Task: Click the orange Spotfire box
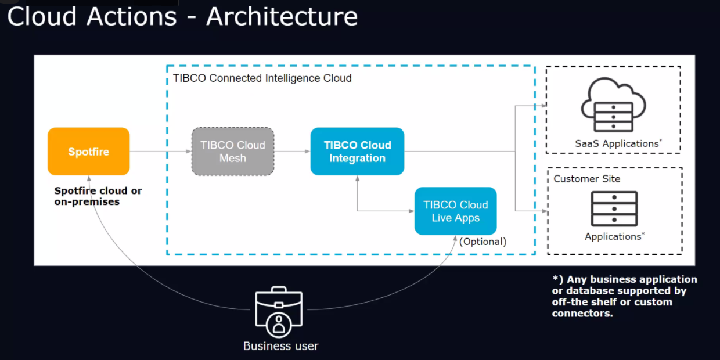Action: pyautogui.click(x=89, y=152)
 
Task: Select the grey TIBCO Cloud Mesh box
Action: pyautogui.click(x=233, y=152)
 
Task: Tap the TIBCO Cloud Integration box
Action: pyautogui.click(x=357, y=152)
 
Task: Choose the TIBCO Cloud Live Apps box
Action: pyautogui.click(x=455, y=211)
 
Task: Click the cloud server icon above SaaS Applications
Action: pyautogui.click(x=613, y=105)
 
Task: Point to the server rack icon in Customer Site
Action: pyautogui.click(x=614, y=209)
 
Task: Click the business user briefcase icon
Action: pyautogui.click(x=279, y=312)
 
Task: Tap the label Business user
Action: pyautogui.click(x=280, y=346)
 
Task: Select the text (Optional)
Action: pyautogui.click(x=483, y=242)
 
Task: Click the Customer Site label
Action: pyautogui.click(x=587, y=179)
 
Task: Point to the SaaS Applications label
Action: pyautogui.click(x=618, y=143)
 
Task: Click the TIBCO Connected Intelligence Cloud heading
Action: pyautogui.click(x=262, y=78)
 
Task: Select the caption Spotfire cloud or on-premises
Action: pyautogui.click(x=98, y=196)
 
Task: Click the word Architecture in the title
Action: pyautogui.click(x=282, y=17)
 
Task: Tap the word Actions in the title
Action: pyautogui.click(x=131, y=17)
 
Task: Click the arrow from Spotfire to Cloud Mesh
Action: pyautogui.click(x=161, y=152)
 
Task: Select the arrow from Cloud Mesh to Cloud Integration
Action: pyautogui.click(x=292, y=152)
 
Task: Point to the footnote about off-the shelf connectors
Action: pyautogui.click(x=625, y=296)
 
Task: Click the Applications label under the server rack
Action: pyautogui.click(x=614, y=236)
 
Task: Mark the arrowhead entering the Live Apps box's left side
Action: pyautogui.click(x=412, y=211)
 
